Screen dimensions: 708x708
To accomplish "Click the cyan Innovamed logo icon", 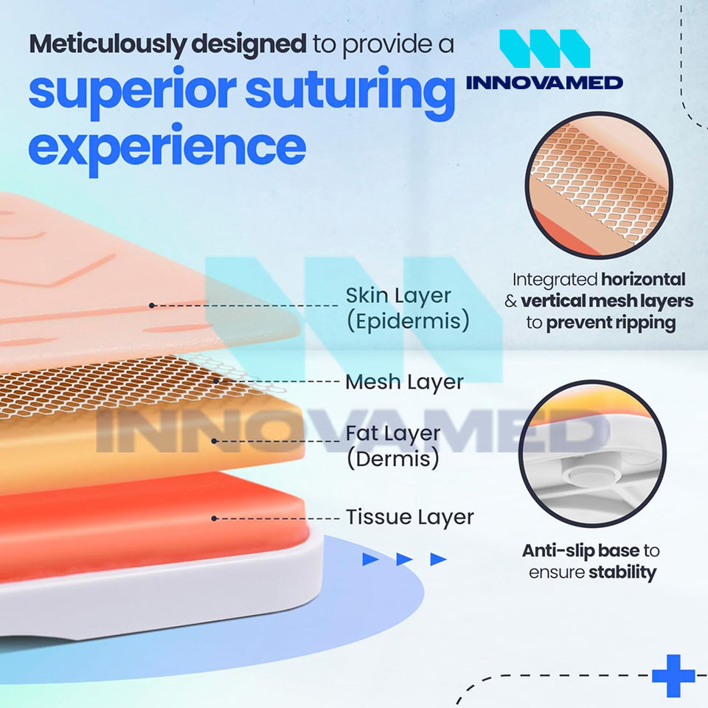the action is tap(544, 50).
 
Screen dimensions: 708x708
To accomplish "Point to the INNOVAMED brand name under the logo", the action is tap(544, 81).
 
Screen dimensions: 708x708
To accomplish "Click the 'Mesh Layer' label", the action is tap(404, 381).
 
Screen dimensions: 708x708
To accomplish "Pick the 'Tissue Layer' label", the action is tap(409, 517).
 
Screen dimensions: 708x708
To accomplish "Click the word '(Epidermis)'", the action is tap(407, 322).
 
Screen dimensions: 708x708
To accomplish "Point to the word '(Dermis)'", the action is tap(392, 459).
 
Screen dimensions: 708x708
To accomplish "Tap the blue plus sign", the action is tap(673, 675).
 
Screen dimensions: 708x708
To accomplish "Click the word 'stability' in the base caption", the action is tap(622, 572).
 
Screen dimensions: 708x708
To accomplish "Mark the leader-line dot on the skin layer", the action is tap(152, 305).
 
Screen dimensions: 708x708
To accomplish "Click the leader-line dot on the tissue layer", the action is tap(214, 518).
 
